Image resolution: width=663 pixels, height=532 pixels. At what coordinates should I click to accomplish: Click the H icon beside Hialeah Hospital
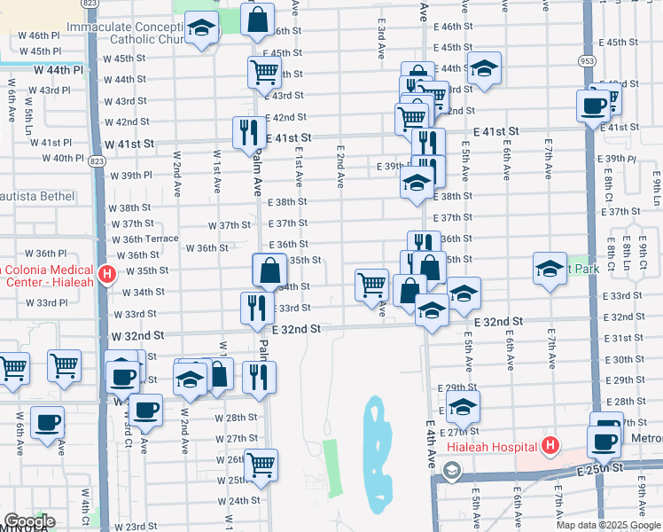550,446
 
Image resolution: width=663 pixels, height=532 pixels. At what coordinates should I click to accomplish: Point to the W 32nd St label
137,337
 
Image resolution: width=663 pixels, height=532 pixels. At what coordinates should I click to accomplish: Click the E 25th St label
604,467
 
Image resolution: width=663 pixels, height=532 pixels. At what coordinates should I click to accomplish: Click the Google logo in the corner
28,521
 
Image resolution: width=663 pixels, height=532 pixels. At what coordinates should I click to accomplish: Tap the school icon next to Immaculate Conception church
203,29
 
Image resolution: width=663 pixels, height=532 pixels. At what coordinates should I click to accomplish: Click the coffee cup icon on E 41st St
593,106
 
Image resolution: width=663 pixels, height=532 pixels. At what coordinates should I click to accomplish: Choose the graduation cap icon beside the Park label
550,268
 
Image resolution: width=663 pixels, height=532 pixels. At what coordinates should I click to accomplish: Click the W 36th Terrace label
145,239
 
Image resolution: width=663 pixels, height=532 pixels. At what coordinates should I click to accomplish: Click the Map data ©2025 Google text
608,525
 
